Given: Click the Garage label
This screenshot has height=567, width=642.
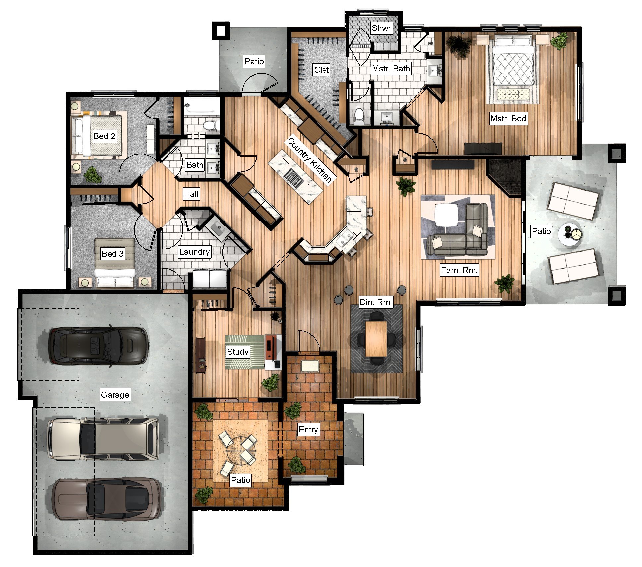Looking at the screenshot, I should pyautogui.click(x=115, y=395).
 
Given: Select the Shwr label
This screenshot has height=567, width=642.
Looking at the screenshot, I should pyautogui.click(x=381, y=28).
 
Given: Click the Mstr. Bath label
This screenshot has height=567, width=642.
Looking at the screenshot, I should pyautogui.click(x=391, y=69).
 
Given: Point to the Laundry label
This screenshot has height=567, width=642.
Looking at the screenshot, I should pyautogui.click(x=194, y=252).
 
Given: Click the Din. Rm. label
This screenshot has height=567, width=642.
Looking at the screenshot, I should pyautogui.click(x=376, y=302).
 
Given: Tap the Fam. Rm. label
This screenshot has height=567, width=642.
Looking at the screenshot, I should pyautogui.click(x=459, y=270).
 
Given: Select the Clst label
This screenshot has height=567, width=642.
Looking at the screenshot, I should pyautogui.click(x=321, y=70).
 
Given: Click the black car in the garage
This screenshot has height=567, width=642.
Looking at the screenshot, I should pyautogui.click(x=98, y=346).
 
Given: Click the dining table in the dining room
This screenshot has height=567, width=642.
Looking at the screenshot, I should pyautogui.click(x=376, y=339).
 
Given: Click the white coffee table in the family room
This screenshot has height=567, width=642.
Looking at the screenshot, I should pyautogui.click(x=447, y=215).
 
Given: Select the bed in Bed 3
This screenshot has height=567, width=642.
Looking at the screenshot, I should pyautogui.click(x=115, y=262).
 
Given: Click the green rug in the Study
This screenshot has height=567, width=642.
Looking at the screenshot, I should pyautogui.click(x=244, y=352).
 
